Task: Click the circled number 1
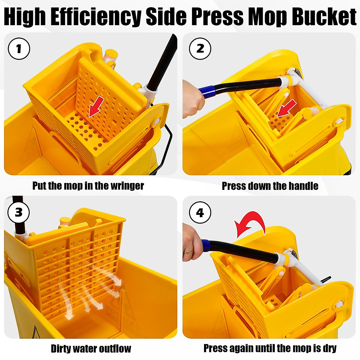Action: tap(19, 49)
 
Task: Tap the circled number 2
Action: tap(200, 49)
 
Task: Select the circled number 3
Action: tap(19, 212)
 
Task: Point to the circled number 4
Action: tap(200, 212)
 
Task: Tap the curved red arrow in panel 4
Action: tap(250, 223)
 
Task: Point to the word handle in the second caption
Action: tap(303, 186)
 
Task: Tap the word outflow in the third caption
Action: tap(115, 349)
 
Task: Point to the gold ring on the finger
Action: tap(188, 252)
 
